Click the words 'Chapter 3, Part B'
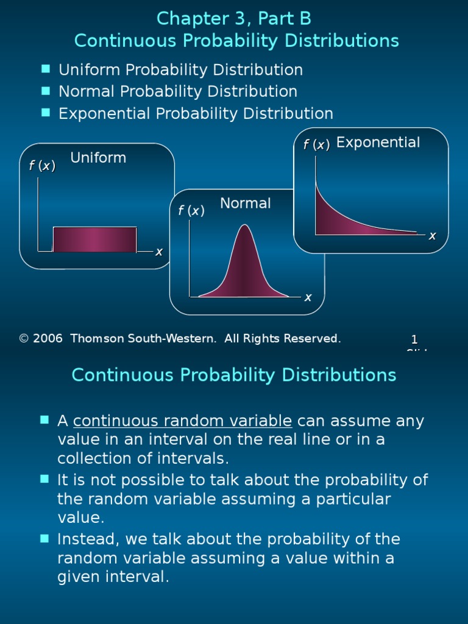pos(234,19)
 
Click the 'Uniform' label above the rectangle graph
pos(98,158)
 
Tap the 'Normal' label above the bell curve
pos(246,204)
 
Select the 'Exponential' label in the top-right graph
pos(378,143)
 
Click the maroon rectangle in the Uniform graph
pos(94,239)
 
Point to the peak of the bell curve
pos(244,227)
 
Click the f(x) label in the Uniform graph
pos(42,166)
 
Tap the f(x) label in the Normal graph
pos(191,211)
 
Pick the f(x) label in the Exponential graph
pos(317,145)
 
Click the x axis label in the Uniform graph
pos(158,252)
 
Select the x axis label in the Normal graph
pos(308,297)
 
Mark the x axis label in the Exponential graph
pos(432,236)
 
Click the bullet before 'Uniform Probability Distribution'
pos(46,69)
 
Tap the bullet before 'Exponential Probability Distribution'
pos(46,113)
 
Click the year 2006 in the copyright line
pos(48,339)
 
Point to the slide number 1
pos(414,340)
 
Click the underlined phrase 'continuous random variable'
pos(183,421)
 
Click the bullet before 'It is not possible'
pos(44,479)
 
